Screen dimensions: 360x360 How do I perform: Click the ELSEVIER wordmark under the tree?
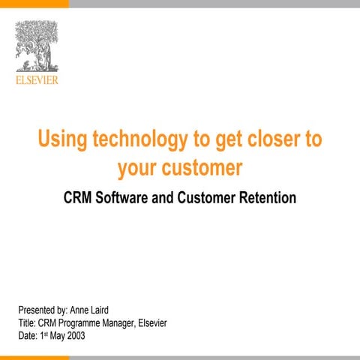point(36,79)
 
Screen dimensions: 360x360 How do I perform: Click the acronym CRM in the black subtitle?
point(78,199)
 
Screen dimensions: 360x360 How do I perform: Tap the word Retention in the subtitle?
point(267,199)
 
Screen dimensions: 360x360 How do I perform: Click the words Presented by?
point(43,309)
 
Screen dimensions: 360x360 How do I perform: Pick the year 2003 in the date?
point(74,336)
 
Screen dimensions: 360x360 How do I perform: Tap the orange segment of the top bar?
point(34,4)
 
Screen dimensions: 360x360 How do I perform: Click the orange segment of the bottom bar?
point(34,357)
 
